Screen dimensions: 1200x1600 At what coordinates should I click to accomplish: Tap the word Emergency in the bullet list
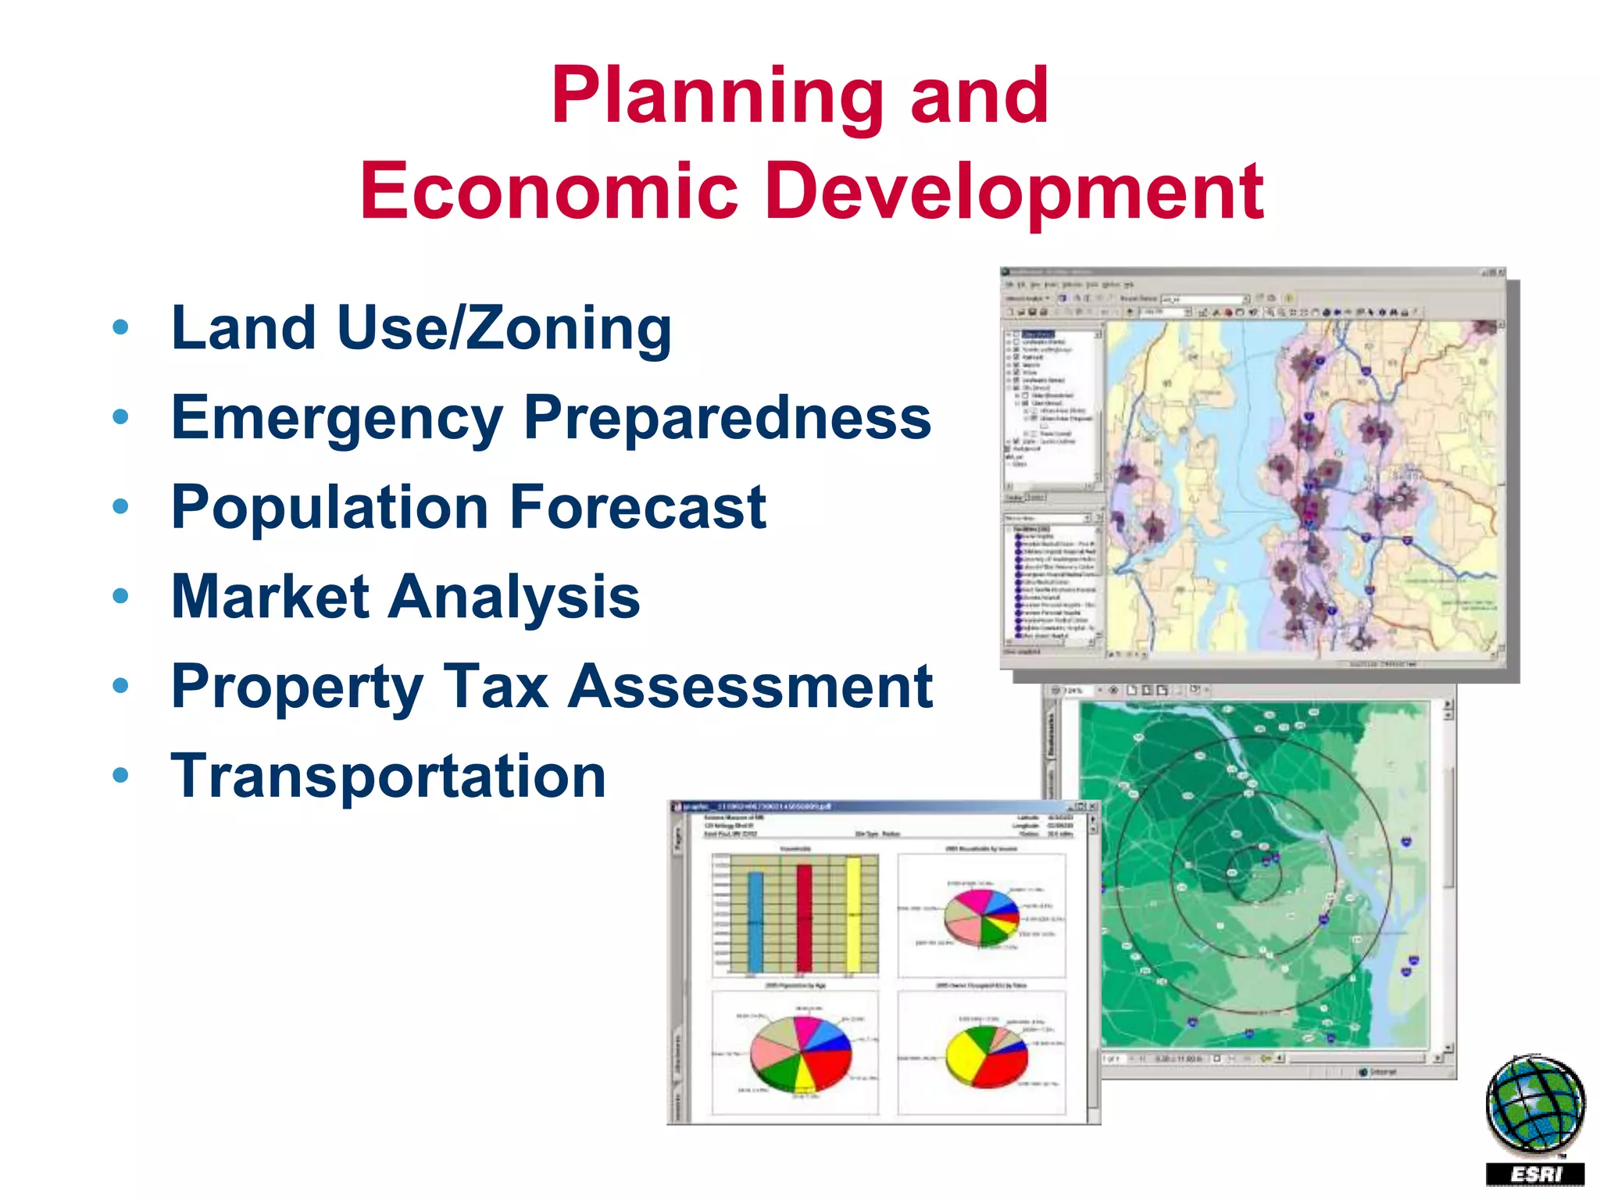tap(337, 419)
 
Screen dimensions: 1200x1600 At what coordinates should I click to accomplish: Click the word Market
tap(270, 598)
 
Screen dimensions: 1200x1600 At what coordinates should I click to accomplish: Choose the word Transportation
tap(388, 777)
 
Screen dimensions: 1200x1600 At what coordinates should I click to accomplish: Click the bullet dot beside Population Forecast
tap(120, 507)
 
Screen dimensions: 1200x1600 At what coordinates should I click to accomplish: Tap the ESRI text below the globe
tap(1534, 1174)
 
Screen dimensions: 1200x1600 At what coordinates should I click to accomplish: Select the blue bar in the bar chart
tap(755, 922)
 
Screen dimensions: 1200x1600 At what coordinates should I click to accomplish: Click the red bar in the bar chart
tap(804, 918)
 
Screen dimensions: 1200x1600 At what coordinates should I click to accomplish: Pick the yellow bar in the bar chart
tap(853, 914)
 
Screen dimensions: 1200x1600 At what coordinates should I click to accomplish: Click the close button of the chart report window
tap(1092, 806)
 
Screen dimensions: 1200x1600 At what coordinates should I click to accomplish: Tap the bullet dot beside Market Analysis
tap(120, 597)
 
